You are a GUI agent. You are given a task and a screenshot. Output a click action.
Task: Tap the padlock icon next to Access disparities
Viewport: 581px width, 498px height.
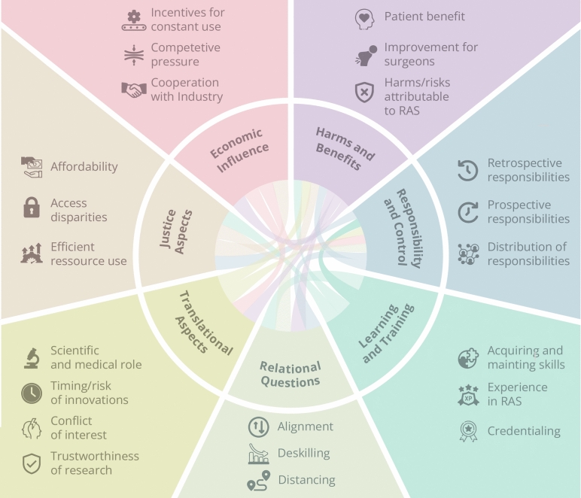[32, 208]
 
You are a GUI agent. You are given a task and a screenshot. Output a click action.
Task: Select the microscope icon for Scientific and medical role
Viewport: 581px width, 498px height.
[32, 358]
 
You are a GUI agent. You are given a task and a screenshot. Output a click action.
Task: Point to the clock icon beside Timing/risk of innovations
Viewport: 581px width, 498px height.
[32, 393]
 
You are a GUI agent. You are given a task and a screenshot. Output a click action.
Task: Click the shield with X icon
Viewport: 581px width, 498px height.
[364, 93]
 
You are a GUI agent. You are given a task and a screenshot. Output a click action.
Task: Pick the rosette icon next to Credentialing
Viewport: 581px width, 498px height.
[468, 431]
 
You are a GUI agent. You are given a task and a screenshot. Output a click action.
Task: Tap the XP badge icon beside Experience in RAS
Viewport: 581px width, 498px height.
[468, 395]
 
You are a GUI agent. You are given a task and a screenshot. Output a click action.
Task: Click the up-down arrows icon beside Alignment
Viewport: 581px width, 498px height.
[259, 427]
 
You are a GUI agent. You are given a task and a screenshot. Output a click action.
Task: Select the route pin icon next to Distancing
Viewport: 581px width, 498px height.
[259, 481]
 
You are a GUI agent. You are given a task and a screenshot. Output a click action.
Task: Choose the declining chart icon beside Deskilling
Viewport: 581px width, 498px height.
[259, 454]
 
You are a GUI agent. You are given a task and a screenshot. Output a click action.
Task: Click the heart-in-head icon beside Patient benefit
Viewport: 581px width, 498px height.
[364, 20]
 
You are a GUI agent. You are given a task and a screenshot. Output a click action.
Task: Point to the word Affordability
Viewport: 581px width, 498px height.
[84, 167]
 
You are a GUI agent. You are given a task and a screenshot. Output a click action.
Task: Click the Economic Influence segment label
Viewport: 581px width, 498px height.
[239, 150]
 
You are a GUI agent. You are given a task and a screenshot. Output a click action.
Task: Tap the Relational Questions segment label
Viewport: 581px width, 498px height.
[290, 375]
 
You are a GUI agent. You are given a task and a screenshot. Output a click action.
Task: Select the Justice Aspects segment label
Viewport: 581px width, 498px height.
[176, 232]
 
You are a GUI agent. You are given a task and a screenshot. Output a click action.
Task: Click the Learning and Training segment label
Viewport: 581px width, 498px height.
[386, 333]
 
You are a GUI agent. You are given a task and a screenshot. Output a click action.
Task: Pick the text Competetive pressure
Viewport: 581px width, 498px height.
[186, 54]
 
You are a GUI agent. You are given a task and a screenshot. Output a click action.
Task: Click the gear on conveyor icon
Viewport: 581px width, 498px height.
[134, 21]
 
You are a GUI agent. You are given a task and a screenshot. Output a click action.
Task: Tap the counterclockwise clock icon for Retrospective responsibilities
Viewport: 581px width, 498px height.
[467, 170]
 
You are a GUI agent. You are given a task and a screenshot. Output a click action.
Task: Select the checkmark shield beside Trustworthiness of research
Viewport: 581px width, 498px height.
[32, 463]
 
